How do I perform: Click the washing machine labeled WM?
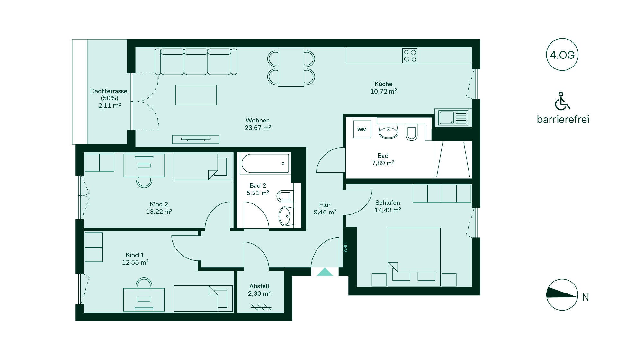[x=362, y=129]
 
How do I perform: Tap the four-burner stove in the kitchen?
[x=410, y=56]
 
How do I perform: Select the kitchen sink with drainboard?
[x=453, y=117]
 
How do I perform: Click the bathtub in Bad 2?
[x=265, y=164]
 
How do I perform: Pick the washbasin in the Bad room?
[x=389, y=131]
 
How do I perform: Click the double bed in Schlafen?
[x=414, y=257]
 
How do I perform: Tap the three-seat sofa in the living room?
[x=196, y=62]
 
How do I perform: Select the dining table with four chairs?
[x=291, y=67]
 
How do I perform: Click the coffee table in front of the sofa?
[x=196, y=95]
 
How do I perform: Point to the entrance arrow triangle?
[x=325, y=272]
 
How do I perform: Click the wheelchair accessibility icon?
[x=562, y=101]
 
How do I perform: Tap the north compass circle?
[x=562, y=295]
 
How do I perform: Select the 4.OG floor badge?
[x=562, y=55]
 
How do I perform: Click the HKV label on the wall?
[x=345, y=247]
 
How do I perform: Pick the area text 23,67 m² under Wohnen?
[x=258, y=128]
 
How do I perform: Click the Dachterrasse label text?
[x=109, y=91]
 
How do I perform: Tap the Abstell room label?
[x=259, y=286]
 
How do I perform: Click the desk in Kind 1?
[x=144, y=300]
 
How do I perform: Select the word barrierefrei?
[x=563, y=119]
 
